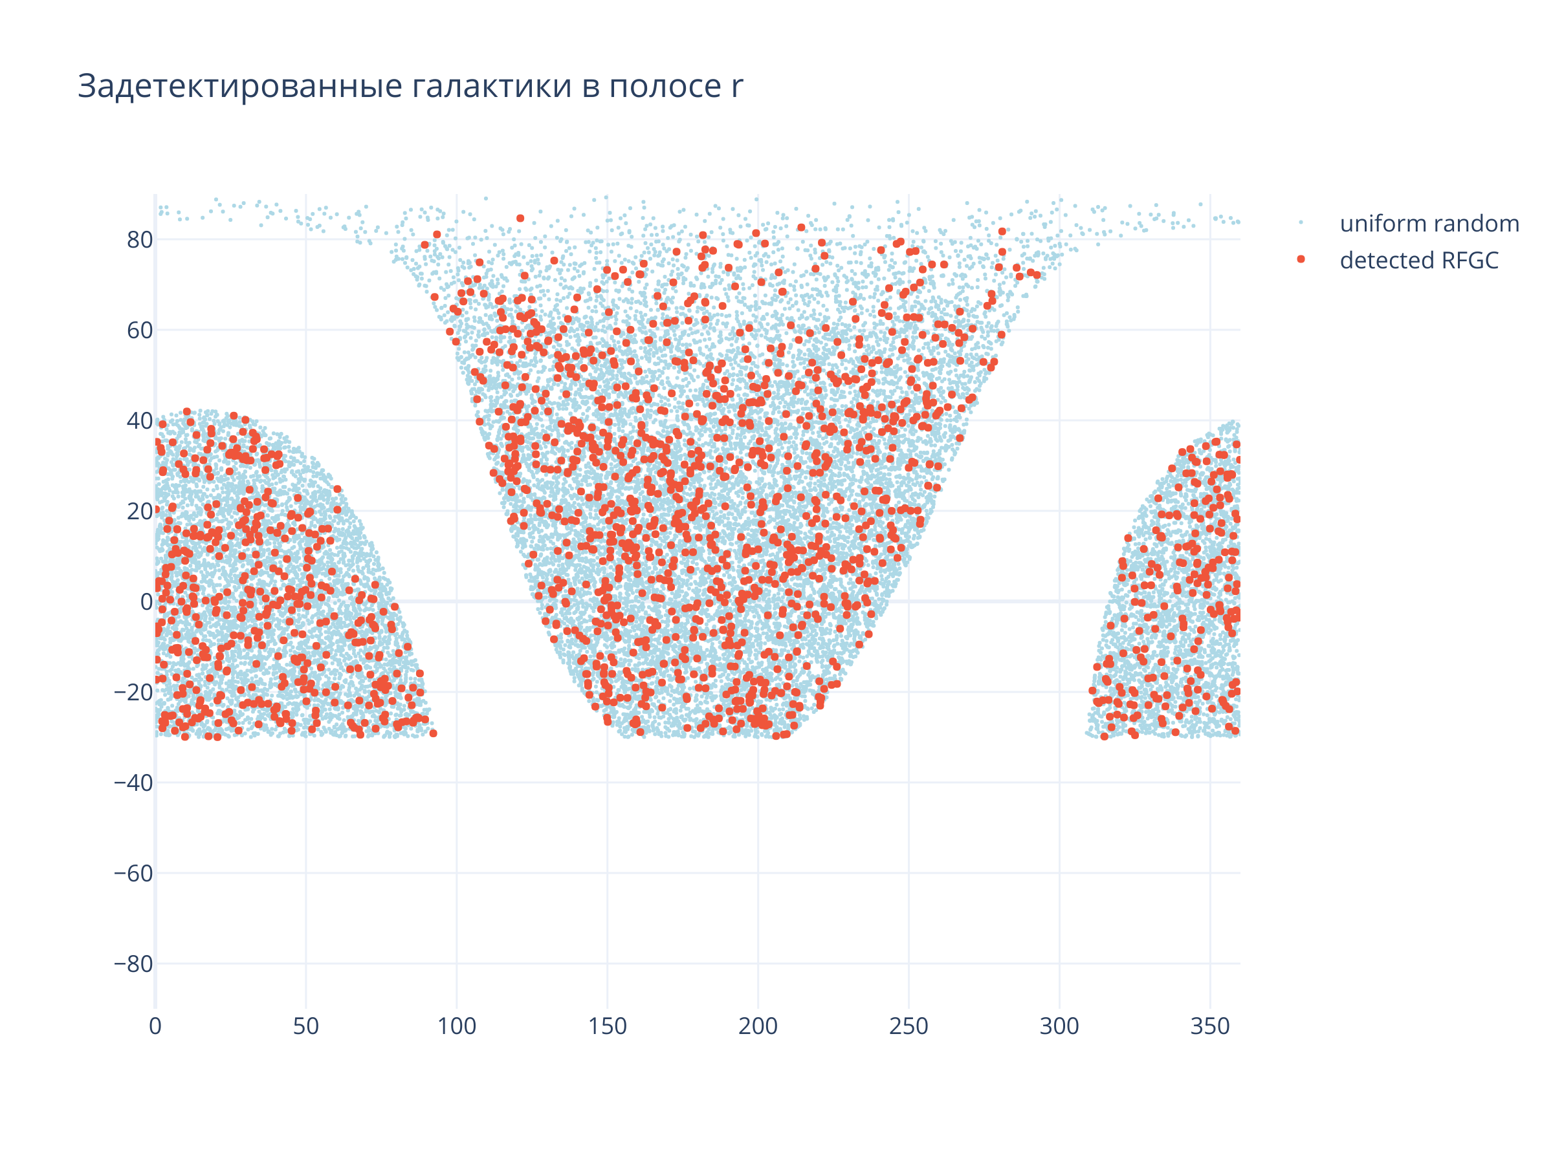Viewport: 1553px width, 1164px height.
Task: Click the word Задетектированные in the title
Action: (239, 86)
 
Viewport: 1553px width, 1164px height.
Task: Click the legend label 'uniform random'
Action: (1429, 224)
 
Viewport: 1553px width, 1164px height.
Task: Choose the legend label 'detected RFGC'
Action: (1419, 261)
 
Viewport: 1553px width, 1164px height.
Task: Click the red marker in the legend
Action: (1301, 259)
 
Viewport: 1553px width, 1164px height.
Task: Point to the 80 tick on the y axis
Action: (140, 240)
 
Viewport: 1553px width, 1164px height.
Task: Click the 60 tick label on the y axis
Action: (140, 330)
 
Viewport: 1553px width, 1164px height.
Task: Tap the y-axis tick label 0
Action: (146, 602)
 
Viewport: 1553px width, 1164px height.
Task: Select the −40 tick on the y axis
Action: (133, 783)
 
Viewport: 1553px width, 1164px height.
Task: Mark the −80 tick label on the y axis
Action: (133, 964)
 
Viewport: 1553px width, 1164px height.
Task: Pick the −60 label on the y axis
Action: (133, 874)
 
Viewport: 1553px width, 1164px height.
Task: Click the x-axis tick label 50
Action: (306, 1026)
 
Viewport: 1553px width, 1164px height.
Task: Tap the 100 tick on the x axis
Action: (456, 1026)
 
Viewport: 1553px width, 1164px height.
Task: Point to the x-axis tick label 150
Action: (608, 1026)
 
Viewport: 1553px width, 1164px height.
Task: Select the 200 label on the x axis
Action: (758, 1026)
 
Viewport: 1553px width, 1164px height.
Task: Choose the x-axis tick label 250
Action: (909, 1026)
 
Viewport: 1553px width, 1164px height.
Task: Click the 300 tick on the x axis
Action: (1059, 1026)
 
